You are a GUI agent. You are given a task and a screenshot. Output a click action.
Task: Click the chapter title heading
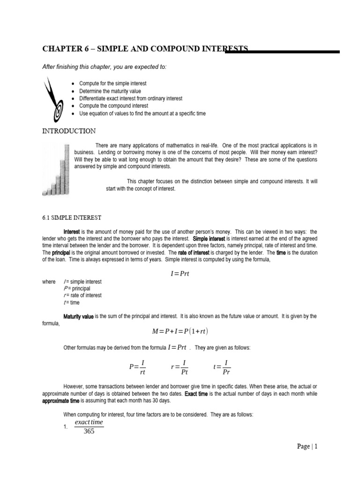click(145, 49)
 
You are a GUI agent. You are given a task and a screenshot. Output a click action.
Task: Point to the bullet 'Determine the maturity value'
click(110, 91)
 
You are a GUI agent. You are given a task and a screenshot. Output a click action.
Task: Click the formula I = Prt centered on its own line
click(180, 273)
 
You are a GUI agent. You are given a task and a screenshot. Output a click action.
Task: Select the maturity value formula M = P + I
click(180, 332)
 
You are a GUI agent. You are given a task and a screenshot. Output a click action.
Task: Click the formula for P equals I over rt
click(138, 367)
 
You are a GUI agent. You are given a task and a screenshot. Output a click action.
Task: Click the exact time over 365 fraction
click(86, 427)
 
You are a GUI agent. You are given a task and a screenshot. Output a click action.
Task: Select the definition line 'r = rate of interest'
click(82, 296)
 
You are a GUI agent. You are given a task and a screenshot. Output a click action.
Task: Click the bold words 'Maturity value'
click(78, 317)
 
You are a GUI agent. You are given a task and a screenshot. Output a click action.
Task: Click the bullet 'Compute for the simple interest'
click(112, 83)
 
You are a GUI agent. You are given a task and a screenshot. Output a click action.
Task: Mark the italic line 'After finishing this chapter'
click(104, 67)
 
